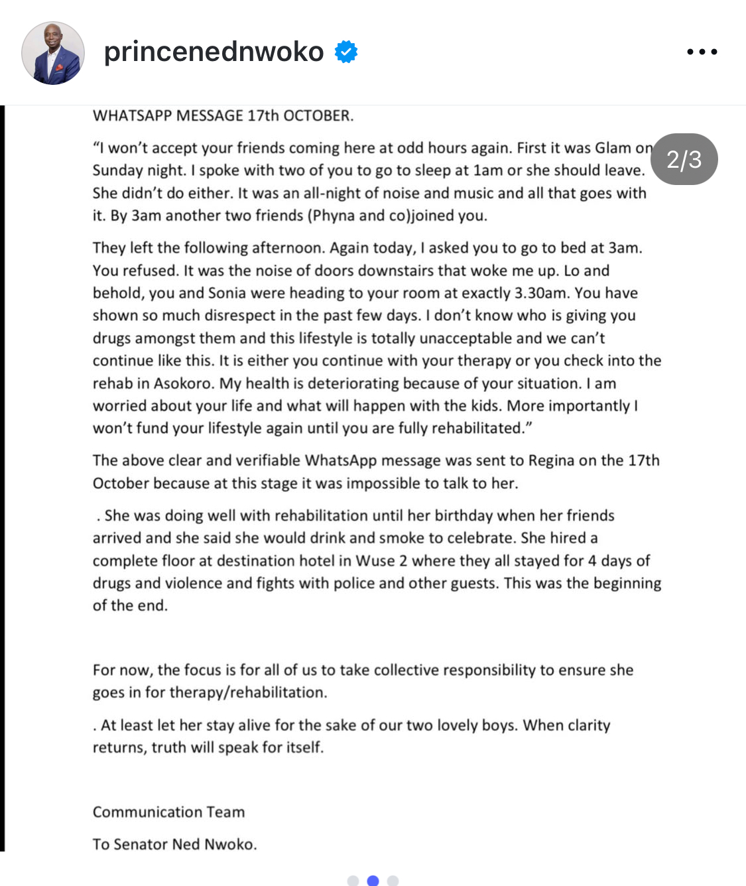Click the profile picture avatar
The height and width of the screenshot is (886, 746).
(x=53, y=53)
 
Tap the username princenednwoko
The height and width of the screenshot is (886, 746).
(x=214, y=52)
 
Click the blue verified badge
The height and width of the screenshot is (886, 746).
(x=346, y=51)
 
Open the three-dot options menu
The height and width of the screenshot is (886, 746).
(x=702, y=52)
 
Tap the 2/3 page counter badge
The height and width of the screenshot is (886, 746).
(x=684, y=159)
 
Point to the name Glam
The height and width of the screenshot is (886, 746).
(x=613, y=148)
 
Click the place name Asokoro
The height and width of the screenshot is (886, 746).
(x=184, y=383)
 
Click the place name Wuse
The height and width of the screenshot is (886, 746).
(x=375, y=560)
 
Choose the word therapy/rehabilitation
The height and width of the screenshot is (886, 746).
(x=247, y=692)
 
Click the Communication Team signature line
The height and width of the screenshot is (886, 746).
(x=168, y=812)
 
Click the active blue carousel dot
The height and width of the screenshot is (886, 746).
(x=373, y=880)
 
